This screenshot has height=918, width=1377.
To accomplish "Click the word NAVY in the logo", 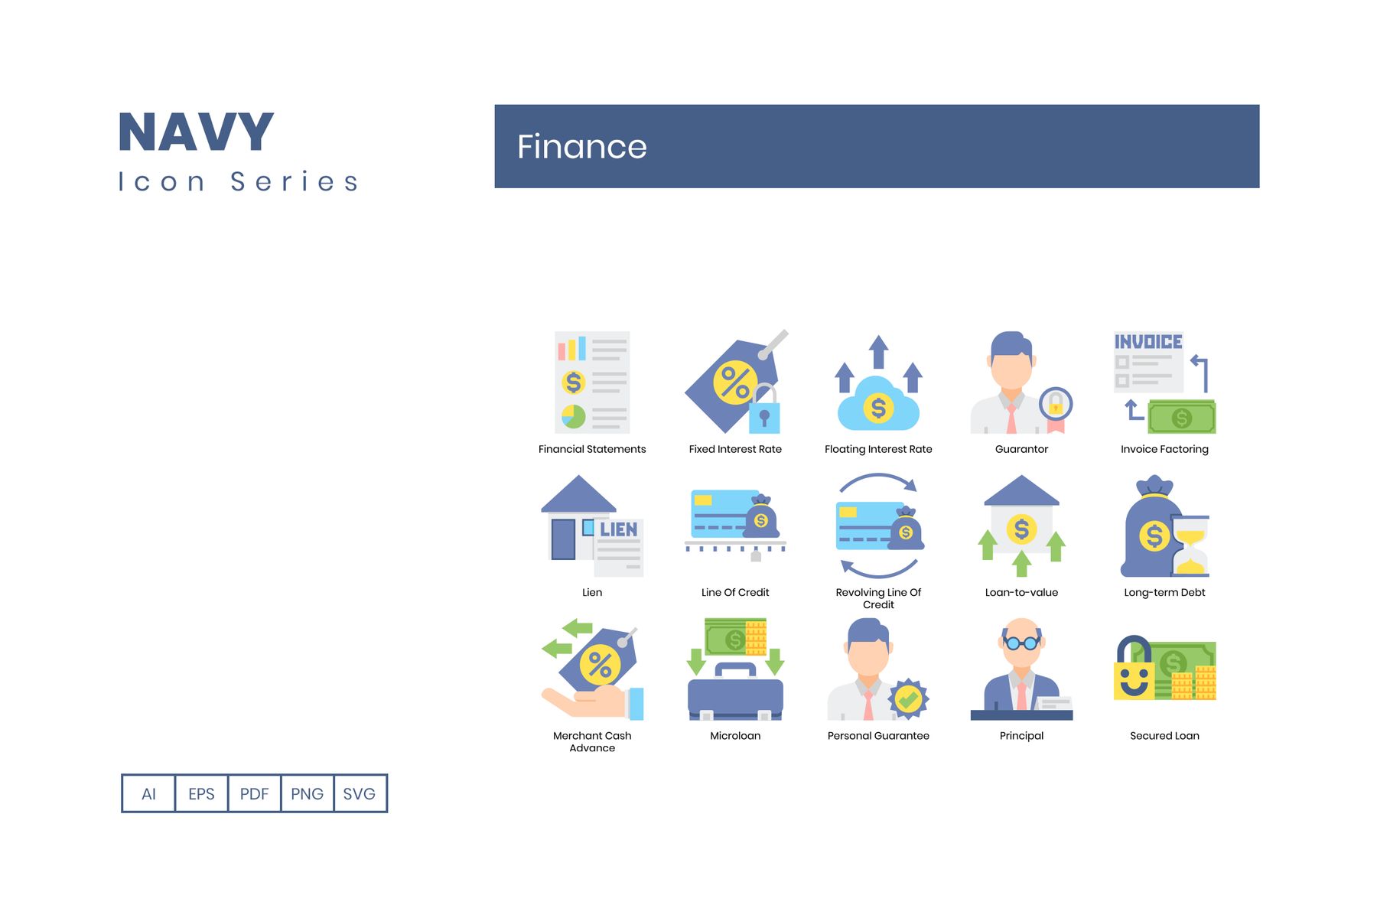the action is pyautogui.click(x=196, y=132).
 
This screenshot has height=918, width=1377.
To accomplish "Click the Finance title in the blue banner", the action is pyautogui.click(x=582, y=146).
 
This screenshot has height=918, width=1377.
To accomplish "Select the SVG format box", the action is pyautogui.click(x=360, y=793).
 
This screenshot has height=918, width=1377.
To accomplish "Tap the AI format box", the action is pyautogui.click(x=148, y=793).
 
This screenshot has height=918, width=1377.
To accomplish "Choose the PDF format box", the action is pyautogui.click(x=254, y=793).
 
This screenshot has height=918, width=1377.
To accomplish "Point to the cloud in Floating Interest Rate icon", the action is pyautogui.click(x=878, y=404).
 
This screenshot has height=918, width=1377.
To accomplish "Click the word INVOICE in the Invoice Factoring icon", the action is pyautogui.click(x=1148, y=341).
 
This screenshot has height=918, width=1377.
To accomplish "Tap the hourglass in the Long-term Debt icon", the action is pyautogui.click(x=1191, y=545).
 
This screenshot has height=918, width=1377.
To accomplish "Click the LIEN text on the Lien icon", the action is pyautogui.click(x=618, y=529).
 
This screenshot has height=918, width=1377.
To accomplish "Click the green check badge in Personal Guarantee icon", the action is pyautogui.click(x=908, y=698).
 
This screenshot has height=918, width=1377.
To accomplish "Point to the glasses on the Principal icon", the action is pyautogui.click(x=1021, y=643).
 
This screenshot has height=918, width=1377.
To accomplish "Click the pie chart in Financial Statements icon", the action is pyautogui.click(x=574, y=417).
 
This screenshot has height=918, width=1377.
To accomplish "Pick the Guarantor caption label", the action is pyautogui.click(x=1021, y=449).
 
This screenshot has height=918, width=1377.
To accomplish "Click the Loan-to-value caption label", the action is pyautogui.click(x=1021, y=592).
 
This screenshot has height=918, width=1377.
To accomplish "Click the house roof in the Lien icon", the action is pyautogui.click(x=578, y=494).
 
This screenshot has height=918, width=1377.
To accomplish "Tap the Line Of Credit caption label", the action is pyautogui.click(x=735, y=592).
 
